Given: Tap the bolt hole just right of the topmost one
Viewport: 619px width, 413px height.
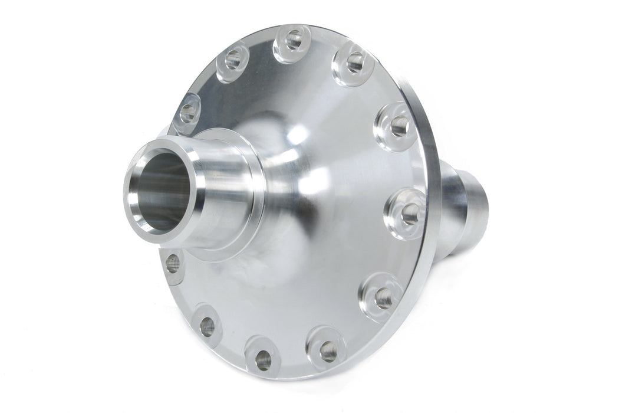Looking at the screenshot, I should pyautogui.click(x=355, y=62).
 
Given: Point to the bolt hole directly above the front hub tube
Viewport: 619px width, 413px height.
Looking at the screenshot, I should pyautogui.click(x=188, y=111).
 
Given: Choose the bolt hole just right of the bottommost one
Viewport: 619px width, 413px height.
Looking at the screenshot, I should pyautogui.click(x=328, y=352).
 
